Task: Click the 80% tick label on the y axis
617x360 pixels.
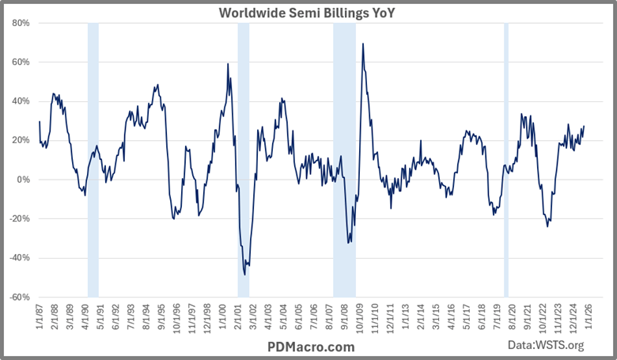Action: click(20, 23)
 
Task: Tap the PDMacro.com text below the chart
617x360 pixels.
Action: click(308, 347)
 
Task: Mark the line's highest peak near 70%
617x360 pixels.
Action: click(363, 44)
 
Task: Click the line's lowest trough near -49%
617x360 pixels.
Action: click(244, 275)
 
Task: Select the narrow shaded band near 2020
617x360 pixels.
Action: click(506, 158)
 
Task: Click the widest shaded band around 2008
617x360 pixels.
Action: click(344, 158)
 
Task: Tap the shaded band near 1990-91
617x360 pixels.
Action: click(93, 158)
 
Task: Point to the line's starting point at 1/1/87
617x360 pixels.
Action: click(40, 121)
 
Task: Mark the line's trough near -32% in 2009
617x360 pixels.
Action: click(349, 242)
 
